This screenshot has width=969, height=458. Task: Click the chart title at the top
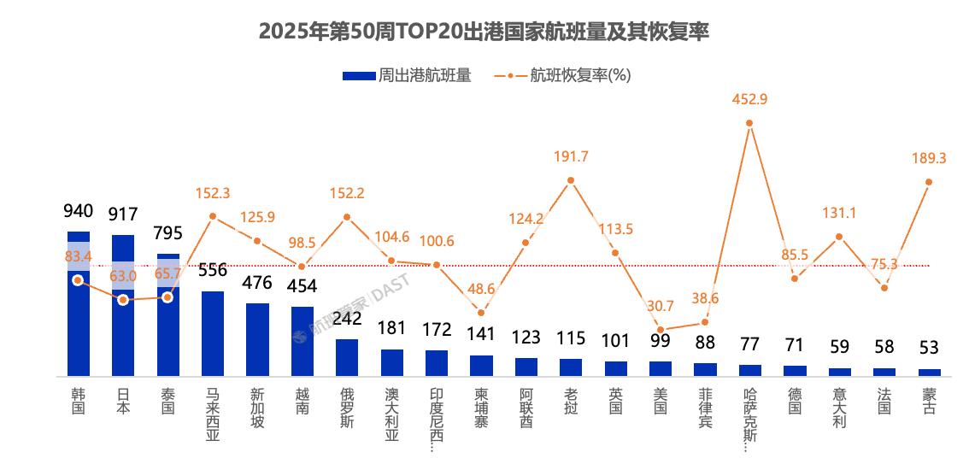tap(484, 32)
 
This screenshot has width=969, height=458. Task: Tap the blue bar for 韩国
tap(79, 325)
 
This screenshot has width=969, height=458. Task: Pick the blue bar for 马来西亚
tap(213, 333)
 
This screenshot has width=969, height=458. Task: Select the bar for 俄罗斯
tap(346, 357)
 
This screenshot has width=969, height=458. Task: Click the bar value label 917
tap(123, 214)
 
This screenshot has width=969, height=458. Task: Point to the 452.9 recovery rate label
tap(749, 99)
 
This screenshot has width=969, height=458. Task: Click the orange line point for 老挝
tap(570, 180)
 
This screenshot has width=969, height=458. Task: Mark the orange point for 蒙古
tap(929, 182)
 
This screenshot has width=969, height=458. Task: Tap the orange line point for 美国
tap(660, 329)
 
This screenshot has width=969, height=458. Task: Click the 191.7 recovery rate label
tap(571, 157)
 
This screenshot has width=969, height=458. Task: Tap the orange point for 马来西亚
tap(213, 216)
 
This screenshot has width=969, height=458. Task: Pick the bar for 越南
tap(302, 341)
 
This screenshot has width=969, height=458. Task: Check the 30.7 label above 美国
tap(660, 306)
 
